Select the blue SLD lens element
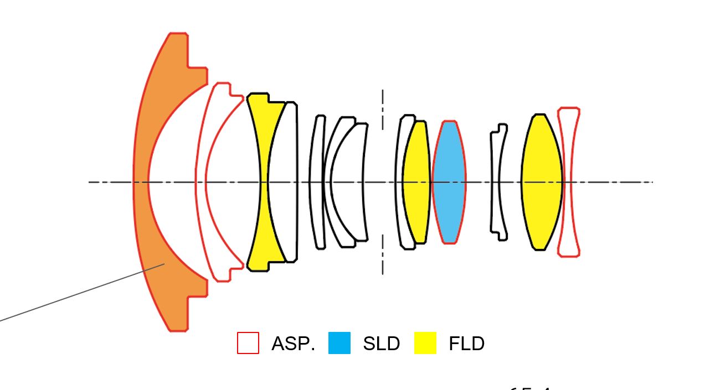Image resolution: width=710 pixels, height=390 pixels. (449, 182)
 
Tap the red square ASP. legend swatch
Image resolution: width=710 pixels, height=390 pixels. (248, 343)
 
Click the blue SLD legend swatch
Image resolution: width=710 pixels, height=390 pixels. (339, 343)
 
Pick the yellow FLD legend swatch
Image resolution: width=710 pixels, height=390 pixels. (425, 343)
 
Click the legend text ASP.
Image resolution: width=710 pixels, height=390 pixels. (293, 344)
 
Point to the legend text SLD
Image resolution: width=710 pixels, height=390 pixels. (381, 344)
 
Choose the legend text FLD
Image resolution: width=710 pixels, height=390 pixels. (466, 344)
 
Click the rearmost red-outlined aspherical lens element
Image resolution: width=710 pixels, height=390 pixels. (568, 182)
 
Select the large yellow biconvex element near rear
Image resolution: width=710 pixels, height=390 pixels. (541, 182)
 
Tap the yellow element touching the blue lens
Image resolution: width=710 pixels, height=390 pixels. (417, 182)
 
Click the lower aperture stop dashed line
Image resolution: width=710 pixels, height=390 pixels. (382, 254)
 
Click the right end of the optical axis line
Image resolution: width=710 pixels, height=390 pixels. (651, 182)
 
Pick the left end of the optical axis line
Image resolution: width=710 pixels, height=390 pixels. (90, 182)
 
